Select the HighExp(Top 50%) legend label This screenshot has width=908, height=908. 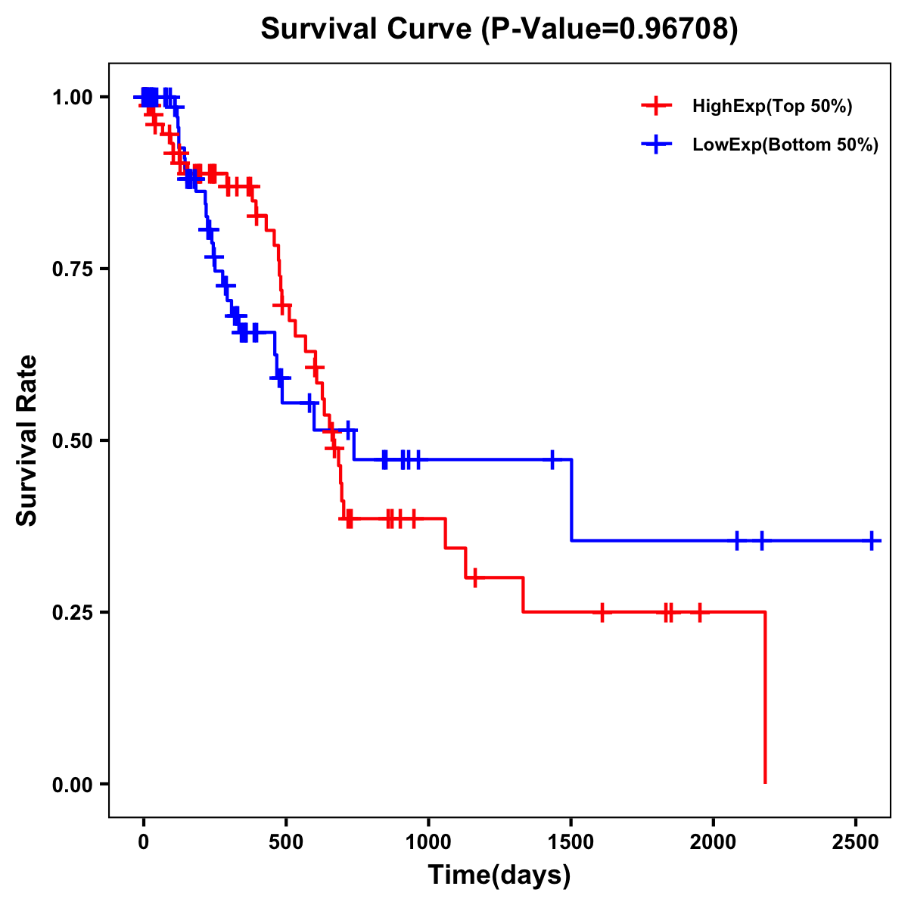[x=772, y=107]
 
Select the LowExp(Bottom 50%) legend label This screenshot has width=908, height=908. [x=785, y=145]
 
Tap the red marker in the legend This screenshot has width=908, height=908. [x=656, y=106]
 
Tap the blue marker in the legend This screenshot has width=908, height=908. [x=656, y=145]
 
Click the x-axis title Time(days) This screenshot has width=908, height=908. [x=499, y=875]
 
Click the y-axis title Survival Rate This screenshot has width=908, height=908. [x=27, y=440]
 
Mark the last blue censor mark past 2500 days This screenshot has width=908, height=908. [x=872, y=541]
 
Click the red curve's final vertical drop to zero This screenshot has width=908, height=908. [x=765, y=696]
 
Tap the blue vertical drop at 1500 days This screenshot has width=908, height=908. [x=571, y=499]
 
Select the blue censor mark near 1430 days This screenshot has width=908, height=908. [x=552, y=459]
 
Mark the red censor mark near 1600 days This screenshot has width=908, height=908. [x=602, y=612]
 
